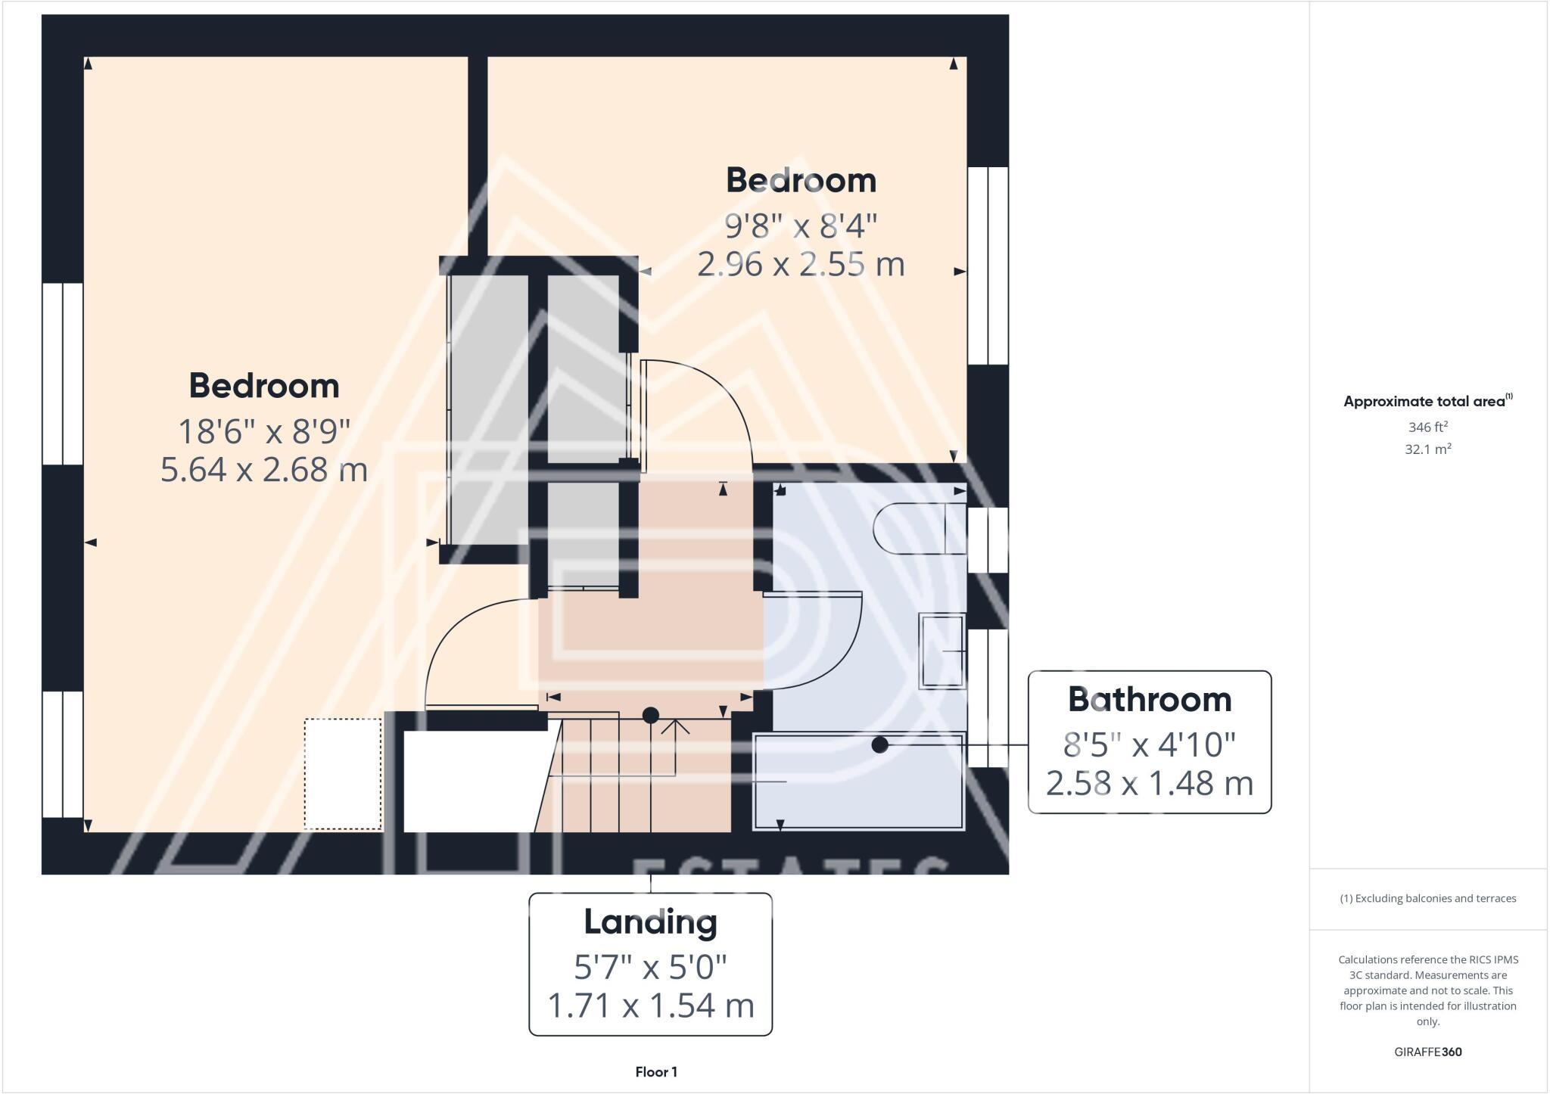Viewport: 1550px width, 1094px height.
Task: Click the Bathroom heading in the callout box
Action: pos(1149,700)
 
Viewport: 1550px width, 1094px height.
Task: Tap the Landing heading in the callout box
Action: pos(650,922)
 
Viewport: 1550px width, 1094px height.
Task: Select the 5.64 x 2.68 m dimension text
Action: pos(263,470)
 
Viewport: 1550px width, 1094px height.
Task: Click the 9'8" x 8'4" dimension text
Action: pos(801,225)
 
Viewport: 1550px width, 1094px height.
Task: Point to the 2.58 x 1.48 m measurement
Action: pos(1149,784)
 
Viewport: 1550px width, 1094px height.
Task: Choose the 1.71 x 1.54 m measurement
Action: pos(650,1005)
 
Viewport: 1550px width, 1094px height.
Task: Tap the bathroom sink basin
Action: pos(942,651)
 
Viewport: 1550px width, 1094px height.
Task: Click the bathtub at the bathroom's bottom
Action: pos(858,781)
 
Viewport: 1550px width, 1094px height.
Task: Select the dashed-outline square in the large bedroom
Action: pos(343,773)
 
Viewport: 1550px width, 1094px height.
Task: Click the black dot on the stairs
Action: pos(650,715)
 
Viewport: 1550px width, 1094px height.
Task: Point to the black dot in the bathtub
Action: pos(879,745)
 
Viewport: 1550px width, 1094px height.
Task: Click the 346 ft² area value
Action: pos(1427,427)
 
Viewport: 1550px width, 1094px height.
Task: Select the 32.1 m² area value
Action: pos(1427,449)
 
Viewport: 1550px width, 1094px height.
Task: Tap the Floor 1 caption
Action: pos(656,1072)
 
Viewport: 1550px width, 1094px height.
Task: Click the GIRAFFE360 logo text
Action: pos(1427,1052)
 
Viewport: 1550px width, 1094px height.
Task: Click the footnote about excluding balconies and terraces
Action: pos(1427,899)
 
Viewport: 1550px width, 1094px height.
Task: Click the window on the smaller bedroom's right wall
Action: pos(988,266)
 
